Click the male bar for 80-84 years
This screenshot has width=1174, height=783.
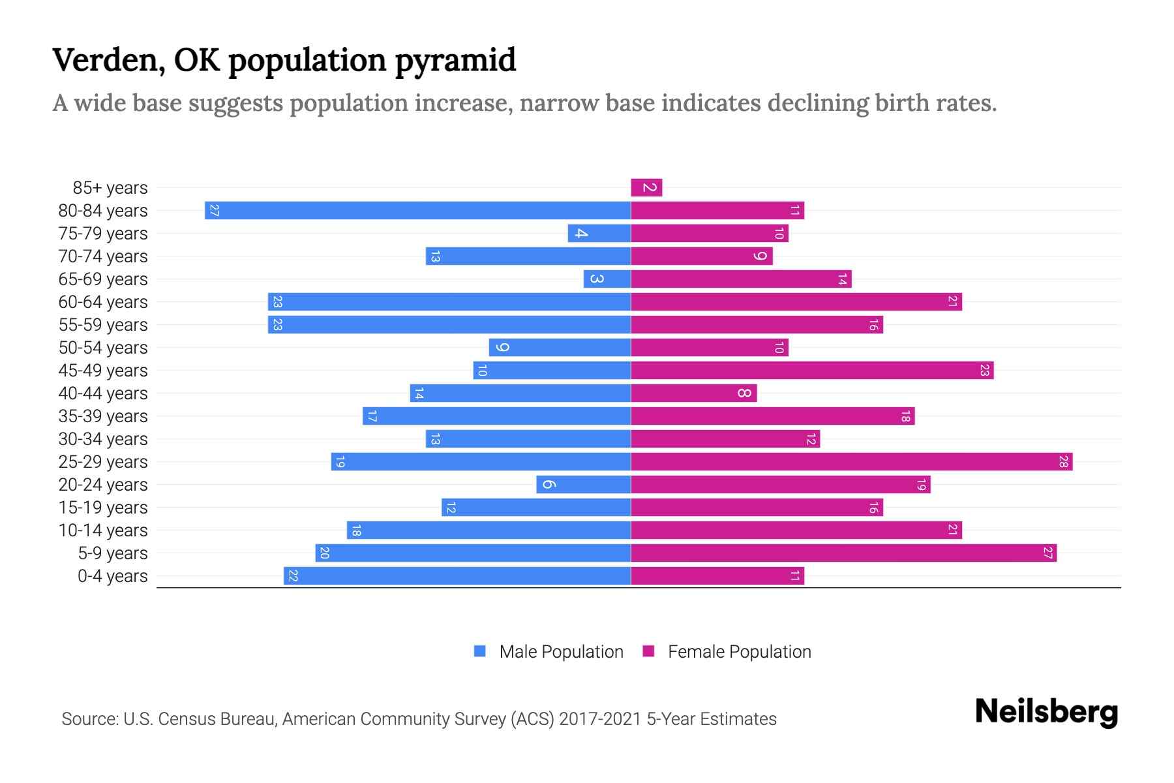coord(417,211)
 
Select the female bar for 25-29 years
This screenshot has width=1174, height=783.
coord(851,462)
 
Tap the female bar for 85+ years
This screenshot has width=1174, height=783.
coord(646,188)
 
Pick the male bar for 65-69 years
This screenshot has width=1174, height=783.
coord(607,279)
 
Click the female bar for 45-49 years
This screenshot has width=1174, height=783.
coord(812,371)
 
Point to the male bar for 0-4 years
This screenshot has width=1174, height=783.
coord(457,576)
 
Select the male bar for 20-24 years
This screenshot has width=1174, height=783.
coord(584,485)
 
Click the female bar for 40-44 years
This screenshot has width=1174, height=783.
coord(693,393)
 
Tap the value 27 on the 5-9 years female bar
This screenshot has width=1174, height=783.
coord(1047,553)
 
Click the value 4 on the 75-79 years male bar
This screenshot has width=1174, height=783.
coord(580,234)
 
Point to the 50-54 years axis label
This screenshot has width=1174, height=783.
coord(103,348)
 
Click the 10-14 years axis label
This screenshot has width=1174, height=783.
coord(103,530)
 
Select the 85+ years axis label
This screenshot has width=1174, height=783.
coord(110,188)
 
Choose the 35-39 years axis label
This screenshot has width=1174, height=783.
coord(103,416)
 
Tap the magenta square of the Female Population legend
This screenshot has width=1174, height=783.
coord(648,651)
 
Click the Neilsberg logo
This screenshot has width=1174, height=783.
coord(1046,712)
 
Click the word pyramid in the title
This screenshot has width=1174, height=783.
coord(455,61)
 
